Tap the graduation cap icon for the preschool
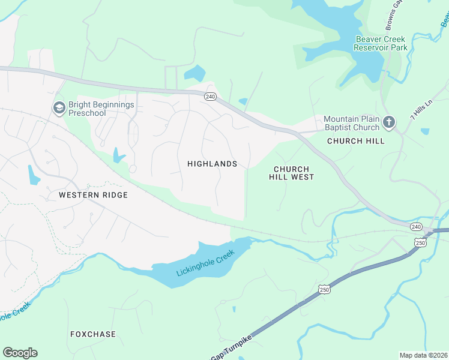(x=59, y=108)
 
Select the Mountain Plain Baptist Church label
(x=351, y=122)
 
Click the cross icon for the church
(x=389, y=123)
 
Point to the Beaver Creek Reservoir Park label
(x=381, y=43)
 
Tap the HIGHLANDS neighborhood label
(x=212, y=164)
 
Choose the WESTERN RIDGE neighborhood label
(x=93, y=195)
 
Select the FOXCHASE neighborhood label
(x=93, y=334)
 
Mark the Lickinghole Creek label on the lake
(x=205, y=263)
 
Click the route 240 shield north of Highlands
(x=209, y=97)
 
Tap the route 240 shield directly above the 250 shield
(x=416, y=226)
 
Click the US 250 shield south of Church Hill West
(x=324, y=290)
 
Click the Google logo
(x=20, y=353)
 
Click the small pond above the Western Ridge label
(x=33, y=175)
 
